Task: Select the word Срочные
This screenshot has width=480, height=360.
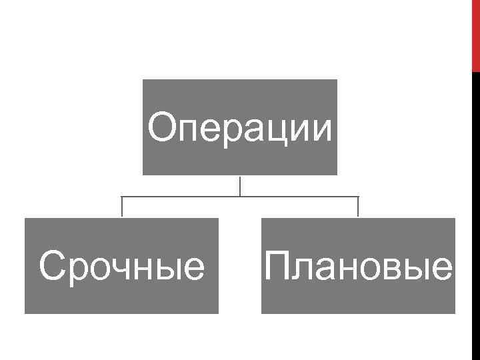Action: pyautogui.click(x=122, y=267)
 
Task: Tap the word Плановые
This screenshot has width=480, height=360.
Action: pyautogui.click(x=359, y=267)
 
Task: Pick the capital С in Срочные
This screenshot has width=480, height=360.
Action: pyautogui.click(x=53, y=266)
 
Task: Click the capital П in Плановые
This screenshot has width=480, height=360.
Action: pyautogui.click(x=277, y=266)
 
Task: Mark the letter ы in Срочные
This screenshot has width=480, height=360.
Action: pyautogui.click(x=170, y=269)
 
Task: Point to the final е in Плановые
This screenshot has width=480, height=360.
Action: pyautogui.click(x=441, y=269)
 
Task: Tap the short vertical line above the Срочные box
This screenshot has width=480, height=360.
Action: pyautogui.click(x=122, y=207)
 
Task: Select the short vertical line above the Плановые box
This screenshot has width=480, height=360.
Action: pyautogui.click(x=358, y=207)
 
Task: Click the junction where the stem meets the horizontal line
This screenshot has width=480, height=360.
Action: pyautogui.click(x=240, y=197)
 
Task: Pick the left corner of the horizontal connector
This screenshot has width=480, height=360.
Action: pyautogui.click(x=122, y=197)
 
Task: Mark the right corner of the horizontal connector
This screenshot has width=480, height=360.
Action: pyautogui.click(x=358, y=197)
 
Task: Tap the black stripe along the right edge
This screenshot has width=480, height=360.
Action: pyautogui.click(x=476, y=213)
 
